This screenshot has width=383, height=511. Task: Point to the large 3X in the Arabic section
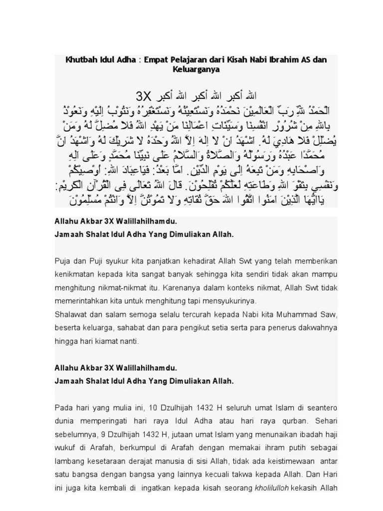pyautogui.click(x=144, y=95)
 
